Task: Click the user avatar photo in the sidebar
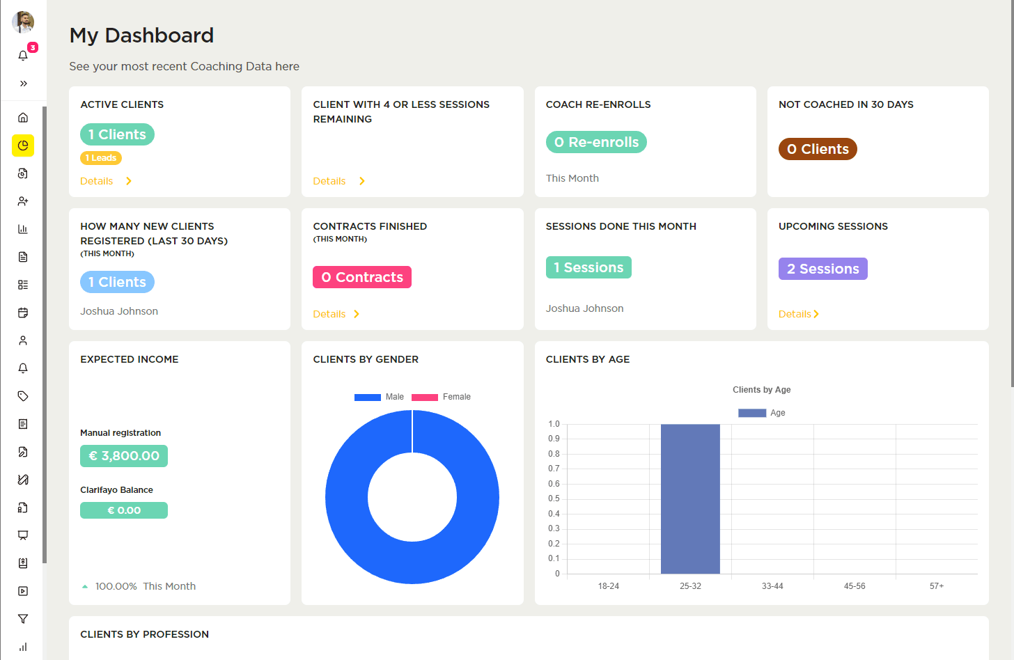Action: tap(23, 22)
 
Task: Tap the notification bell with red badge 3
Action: tap(23, 55)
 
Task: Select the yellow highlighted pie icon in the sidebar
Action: tap(23, 146)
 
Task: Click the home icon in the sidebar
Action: tap(23, 118)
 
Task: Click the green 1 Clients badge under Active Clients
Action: tap(117, 134)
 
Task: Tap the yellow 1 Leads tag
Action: tap(101, 158)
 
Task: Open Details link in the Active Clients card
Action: tap(97, 181)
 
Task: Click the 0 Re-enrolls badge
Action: tap(596, 142)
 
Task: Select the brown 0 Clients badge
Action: tap(818, 149)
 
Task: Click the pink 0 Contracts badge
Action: tap(362, 277)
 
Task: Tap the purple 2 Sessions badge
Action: tap(822, 269)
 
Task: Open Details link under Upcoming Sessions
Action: tap(795, 314)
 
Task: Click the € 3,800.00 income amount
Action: tap(124, 456)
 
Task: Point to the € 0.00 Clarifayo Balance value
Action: tap(124, 510)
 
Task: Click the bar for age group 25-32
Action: tap(690, 498)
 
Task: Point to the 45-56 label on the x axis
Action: tap(855, 586)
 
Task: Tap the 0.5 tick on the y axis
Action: tap(554, 498)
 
